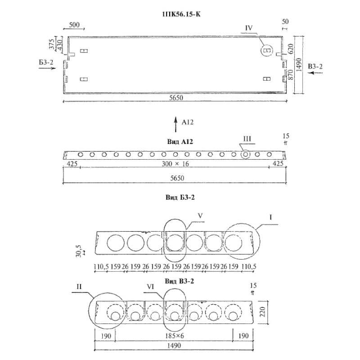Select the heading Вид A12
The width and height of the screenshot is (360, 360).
tap(180, 141)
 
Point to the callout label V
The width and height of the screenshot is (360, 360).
tap(201, 215)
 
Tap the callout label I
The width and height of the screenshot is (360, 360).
tap(271, 217)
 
